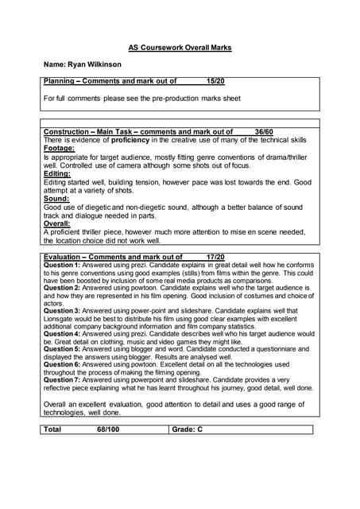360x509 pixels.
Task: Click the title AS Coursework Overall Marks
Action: click(x=180, y=48)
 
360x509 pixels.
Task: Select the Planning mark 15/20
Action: click(x=215, y=82)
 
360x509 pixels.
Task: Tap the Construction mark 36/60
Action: click(x=264, y=131)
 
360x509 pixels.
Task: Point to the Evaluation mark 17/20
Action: click(x=215, y=258)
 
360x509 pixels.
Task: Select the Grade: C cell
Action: click(x=188, y=429)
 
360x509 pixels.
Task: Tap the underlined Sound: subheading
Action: click(x=56, y=199)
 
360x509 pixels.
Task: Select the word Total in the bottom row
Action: click(x=53, y=429)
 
